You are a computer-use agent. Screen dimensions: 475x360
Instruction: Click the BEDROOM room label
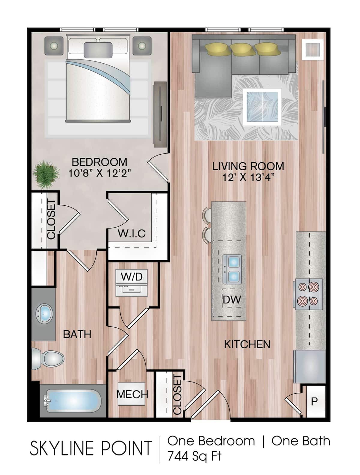tap(99, 162)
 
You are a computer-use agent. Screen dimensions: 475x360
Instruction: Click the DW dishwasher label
tap(232, 300)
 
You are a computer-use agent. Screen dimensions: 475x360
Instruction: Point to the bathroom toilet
tap(48, 359)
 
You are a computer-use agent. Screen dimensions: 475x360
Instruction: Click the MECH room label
tap(132, 394)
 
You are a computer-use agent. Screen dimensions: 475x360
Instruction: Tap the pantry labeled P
tap(314, 401)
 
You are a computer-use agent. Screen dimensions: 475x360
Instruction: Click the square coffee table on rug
tap(262, 107)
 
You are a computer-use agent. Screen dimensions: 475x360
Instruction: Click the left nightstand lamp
tap(54, 46)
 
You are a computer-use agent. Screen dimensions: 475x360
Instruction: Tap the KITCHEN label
tap(247, 344)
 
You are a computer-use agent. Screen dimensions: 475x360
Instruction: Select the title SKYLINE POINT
tap(91, 448)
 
